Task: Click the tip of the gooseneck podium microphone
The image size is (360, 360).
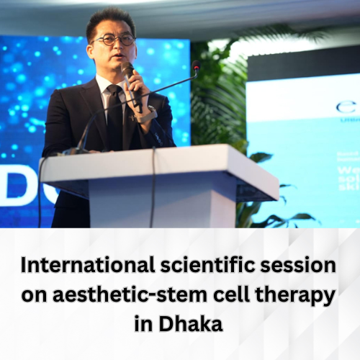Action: [x=196, y=66]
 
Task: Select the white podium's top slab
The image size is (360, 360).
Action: [x=158, y=164]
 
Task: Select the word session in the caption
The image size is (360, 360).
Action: [x=302, y=266]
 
